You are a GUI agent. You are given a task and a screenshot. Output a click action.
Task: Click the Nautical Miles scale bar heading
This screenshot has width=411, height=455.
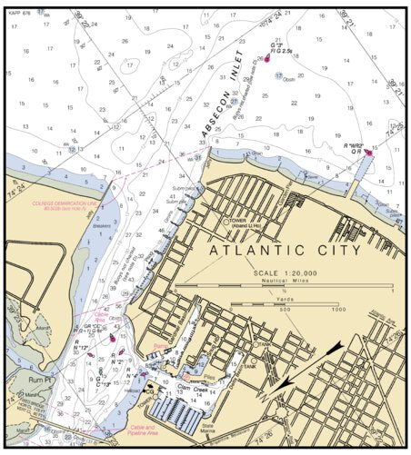[x=284, y=282]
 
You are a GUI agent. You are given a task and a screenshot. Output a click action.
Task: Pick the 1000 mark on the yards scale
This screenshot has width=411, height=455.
[x=338, y=310]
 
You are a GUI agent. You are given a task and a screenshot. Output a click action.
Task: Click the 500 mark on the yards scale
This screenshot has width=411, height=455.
[x=285, y=310]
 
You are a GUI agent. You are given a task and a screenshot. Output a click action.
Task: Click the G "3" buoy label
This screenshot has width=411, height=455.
[x=277, y=45]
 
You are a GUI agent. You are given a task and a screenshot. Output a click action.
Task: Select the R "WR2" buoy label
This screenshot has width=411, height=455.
[x=353, y=145]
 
